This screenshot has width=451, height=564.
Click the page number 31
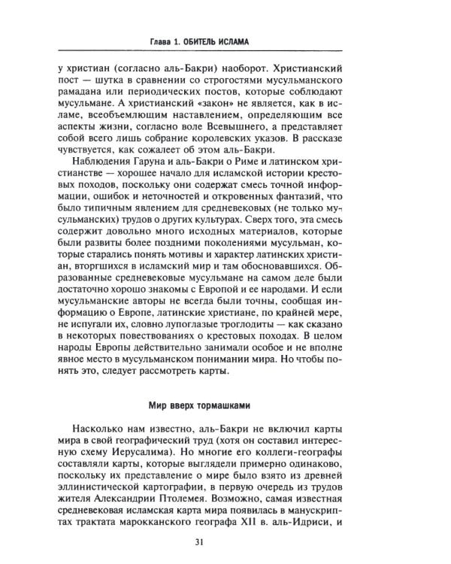pos(221,539)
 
